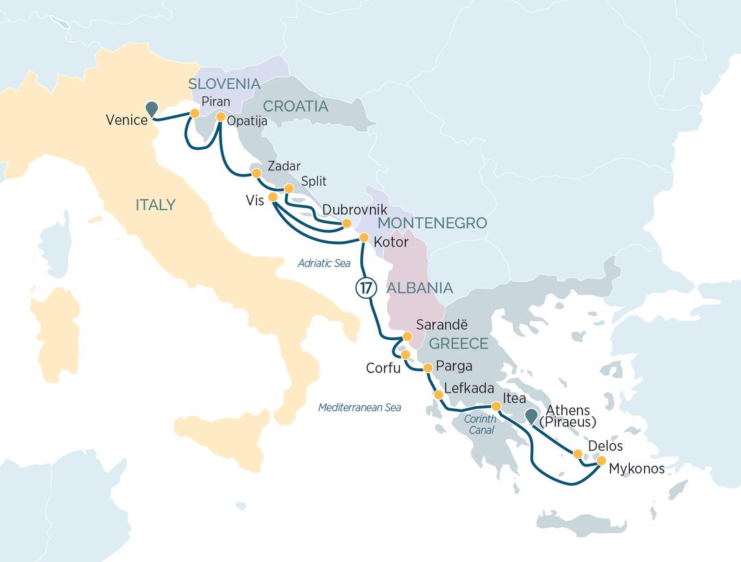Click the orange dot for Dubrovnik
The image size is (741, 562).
(346, 223)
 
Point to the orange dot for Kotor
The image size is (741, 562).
(364, 238)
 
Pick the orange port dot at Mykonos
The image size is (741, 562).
(602, 461)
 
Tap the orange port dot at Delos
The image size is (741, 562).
(578, 454)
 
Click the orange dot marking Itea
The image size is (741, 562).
(496, 406)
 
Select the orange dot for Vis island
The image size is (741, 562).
(272, 197)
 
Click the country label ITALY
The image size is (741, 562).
(155, 205)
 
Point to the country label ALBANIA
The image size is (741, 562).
(420, 288)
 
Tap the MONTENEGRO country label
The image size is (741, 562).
(432, 223)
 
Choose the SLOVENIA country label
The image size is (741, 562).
(224, 85)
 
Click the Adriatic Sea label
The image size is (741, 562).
(324, 263)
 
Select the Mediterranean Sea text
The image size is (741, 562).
(360, 407)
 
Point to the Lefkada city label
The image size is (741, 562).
(469, 388)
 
